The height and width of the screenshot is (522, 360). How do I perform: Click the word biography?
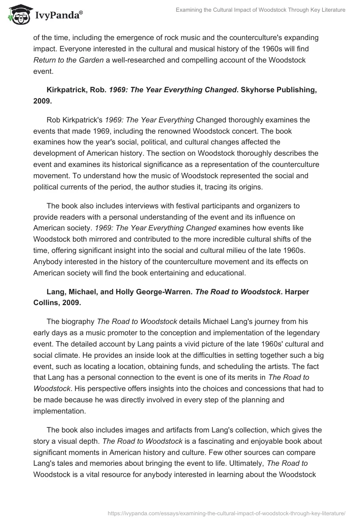(x=76, y=321)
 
